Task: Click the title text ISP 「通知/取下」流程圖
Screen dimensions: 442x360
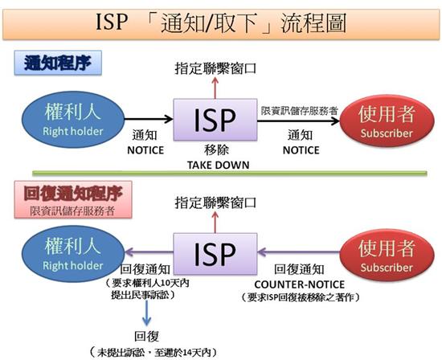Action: pos(221,22)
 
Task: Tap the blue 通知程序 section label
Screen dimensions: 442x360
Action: pos(58,63)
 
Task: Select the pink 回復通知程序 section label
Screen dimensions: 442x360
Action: pos(73,199)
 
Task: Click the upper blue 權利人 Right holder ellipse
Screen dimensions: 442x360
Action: pos(73,120)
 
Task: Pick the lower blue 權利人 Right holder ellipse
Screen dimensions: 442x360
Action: pos(73,254)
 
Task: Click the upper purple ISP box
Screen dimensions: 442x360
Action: pos(215,120)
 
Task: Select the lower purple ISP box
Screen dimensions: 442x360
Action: pos(215,254)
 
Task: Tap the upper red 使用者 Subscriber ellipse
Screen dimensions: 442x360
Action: pos(387,121)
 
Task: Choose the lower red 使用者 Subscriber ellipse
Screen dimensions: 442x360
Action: pos(387,255)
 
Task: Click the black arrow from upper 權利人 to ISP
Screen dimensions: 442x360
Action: pos(149,119)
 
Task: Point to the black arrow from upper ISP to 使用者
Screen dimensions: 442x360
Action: pos(298,121)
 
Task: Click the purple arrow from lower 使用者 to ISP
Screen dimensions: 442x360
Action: pos(299,252)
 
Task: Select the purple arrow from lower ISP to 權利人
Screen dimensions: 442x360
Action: pos(149,252)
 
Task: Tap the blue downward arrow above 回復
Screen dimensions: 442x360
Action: pos(146,313)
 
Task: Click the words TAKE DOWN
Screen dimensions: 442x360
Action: pos(218,165)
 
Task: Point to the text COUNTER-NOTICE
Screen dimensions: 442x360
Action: pos(300,284)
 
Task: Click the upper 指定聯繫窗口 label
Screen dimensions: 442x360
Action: pos(215,68)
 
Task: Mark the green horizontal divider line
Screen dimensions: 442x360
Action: pos(230,173)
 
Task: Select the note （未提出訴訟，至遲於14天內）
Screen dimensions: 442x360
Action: pos(154,352)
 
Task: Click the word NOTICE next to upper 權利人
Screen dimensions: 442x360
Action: pos(145,150)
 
